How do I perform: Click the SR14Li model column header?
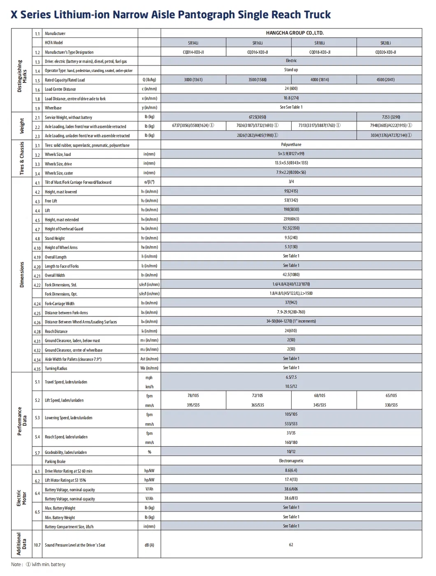[193, 43]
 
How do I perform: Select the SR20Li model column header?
[385, 43]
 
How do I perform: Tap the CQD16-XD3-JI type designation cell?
[257, 52]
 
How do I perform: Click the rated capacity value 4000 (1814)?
[320, 79]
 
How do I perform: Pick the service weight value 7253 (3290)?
[391, 117]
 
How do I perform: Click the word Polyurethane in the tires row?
[291, 144]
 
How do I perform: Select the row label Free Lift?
[51, 201]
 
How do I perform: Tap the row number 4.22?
[37, 285]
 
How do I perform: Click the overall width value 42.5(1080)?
[291, 274]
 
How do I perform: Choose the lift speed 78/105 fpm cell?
[193, 395]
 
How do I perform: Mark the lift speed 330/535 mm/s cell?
[391, 405]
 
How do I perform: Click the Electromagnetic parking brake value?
[291, 461]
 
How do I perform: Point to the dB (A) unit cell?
[149, 545]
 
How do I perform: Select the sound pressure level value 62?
[291, 545]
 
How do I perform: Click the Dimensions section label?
[22, 274]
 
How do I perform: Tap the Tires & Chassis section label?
[22, 158]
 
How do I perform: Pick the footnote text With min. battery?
[49, 564]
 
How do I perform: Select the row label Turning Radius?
[56, 369]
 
